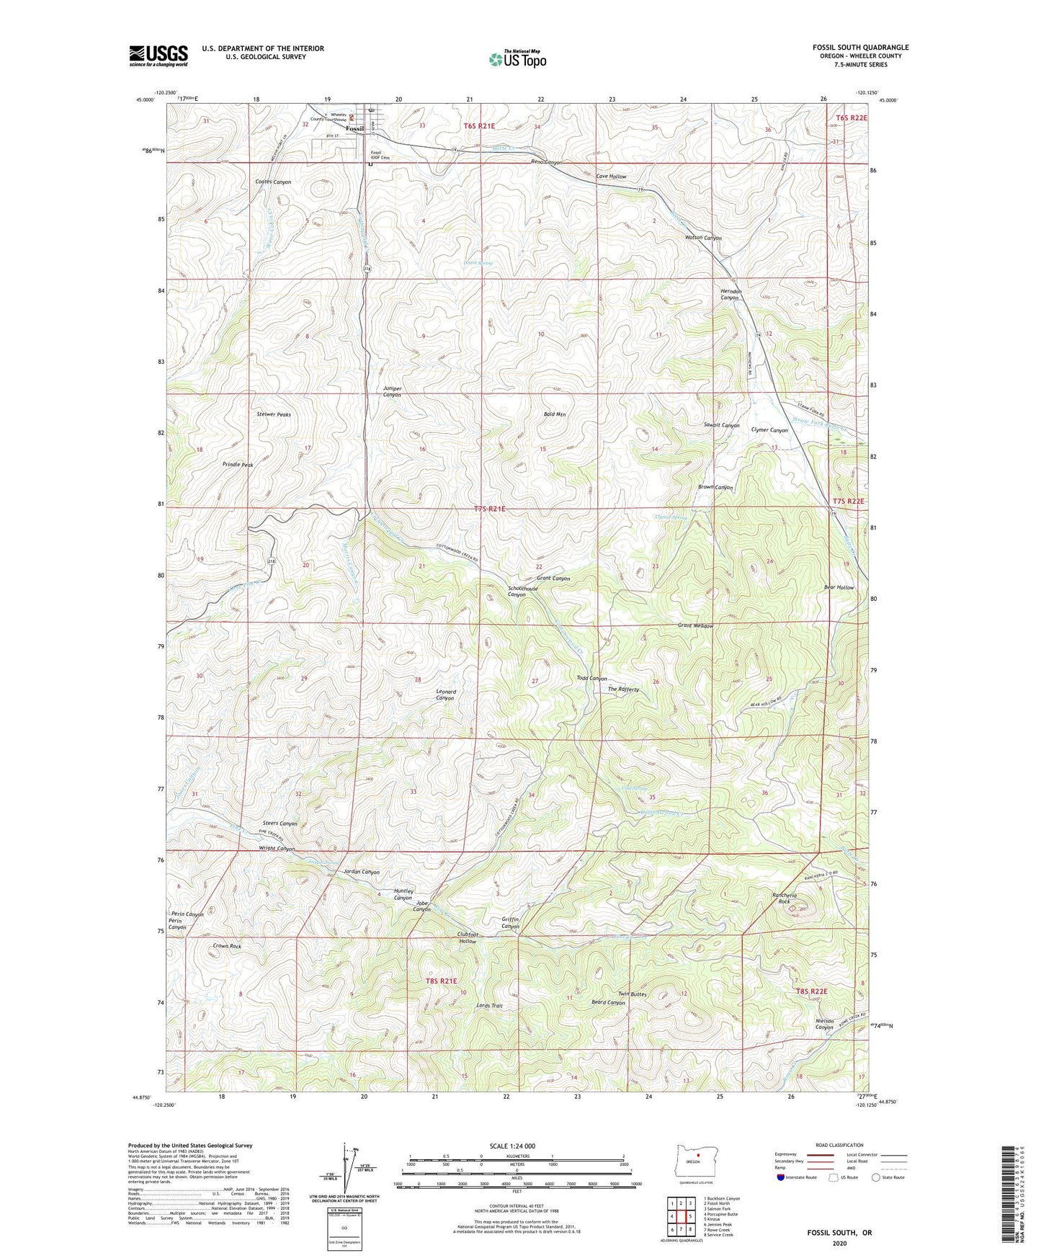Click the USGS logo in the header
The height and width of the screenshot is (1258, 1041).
click(158, 55)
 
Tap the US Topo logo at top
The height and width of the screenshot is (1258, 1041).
click(517, 59)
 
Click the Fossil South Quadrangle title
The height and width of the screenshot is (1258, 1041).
click(860, 48)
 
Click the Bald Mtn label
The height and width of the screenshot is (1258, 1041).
click(555, 415)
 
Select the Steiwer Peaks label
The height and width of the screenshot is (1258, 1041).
click(274, 415)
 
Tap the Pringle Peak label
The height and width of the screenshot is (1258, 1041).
click(238, 465)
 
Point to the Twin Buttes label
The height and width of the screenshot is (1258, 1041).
click(633, 994)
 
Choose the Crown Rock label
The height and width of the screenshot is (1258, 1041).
click(227, 946)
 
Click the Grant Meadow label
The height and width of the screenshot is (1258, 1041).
click(695, 625)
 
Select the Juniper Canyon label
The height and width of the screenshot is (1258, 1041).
click(392, 391)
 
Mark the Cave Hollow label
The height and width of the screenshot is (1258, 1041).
click(612, 177)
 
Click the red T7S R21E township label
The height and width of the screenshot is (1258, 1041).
click(490, 509)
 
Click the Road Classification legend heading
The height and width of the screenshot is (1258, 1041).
click(839, 1145)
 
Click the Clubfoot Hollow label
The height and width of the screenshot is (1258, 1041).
click(468, 938)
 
